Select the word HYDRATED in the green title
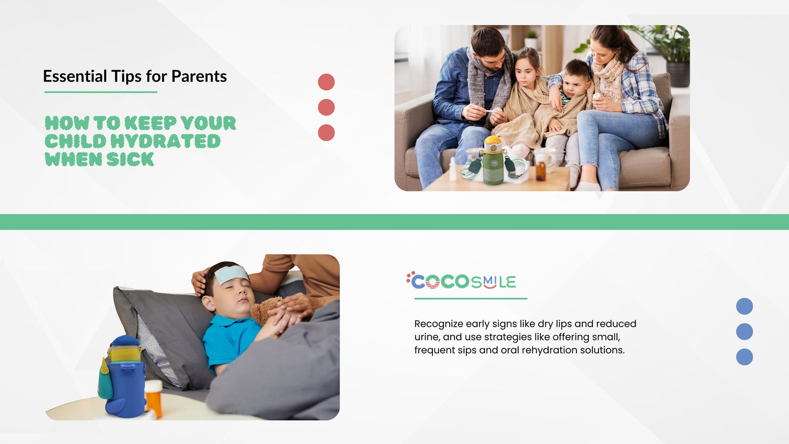[165, 141]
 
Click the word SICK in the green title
[130, 159]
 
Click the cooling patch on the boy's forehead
[231, 274]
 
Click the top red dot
[326, 82]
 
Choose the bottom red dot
[326, 133]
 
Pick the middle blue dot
[744, 331]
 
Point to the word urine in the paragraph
[426, 337]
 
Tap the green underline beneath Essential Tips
[100, 92]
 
